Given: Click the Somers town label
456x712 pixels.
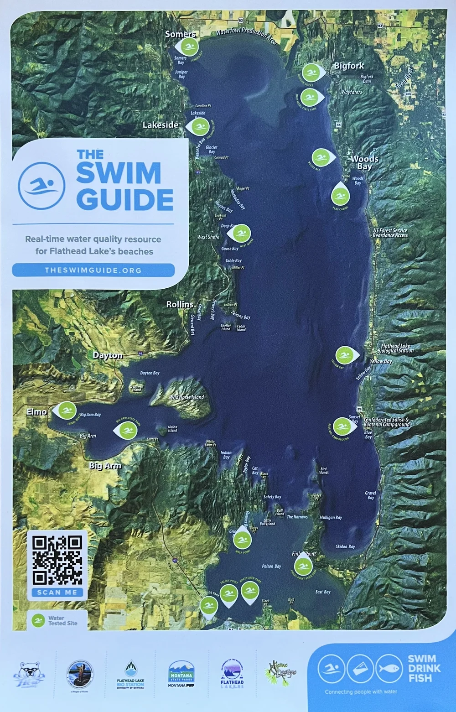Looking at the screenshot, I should click(180, 34).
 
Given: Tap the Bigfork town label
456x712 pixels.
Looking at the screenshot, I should click(349, 66).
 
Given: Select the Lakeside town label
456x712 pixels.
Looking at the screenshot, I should click(161, 125).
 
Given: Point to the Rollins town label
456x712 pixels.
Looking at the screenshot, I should click(180, 304).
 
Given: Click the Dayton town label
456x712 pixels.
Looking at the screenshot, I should click(108, 355).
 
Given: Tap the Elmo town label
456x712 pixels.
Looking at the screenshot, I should click(36, 412).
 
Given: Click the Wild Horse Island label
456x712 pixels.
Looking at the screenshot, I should click(187, 397).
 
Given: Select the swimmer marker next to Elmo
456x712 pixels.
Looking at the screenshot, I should click(67, 411).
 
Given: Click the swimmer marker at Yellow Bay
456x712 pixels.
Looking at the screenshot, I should click(345, 355).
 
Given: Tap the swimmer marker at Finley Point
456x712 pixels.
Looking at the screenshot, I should click(303, 566).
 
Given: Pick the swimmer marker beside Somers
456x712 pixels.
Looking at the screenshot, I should click(187, 46).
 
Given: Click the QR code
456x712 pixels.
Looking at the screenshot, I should click(57, 561).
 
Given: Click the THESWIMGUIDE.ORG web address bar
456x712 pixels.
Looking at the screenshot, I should click(93, 270).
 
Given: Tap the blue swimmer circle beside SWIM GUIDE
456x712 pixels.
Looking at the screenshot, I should click(41, 186).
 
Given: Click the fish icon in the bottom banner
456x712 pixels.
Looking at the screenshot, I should click(389, 668).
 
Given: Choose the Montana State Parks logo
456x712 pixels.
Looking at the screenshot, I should click(181, 674).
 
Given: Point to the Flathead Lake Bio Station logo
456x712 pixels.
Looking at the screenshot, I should click(130, 674).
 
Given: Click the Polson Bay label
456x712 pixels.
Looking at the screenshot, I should click(271, 566).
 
